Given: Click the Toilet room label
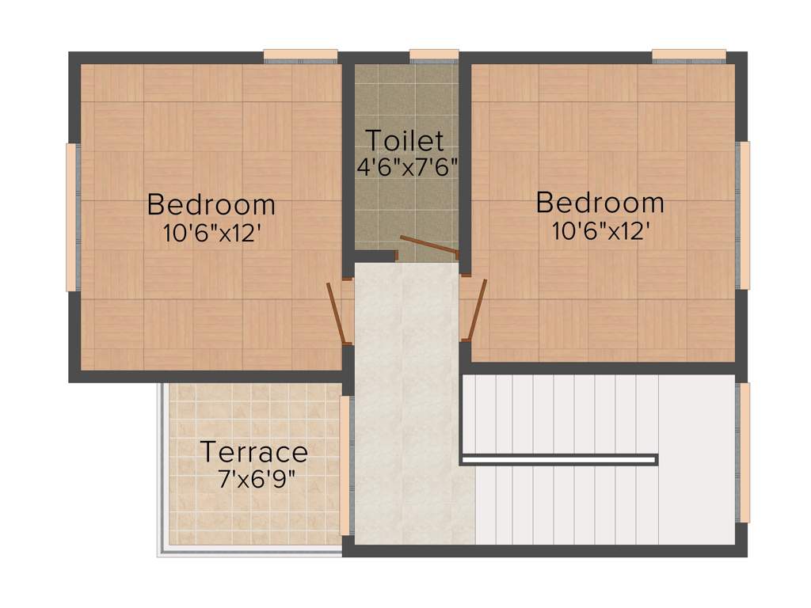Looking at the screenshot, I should [405, 141].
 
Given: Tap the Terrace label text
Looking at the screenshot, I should [253, 453].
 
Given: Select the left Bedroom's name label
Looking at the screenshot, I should [211, 204].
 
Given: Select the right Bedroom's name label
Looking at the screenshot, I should [600, 203].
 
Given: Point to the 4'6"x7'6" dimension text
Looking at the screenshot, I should [408, 167].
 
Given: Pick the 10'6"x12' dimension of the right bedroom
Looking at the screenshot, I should [600, 230].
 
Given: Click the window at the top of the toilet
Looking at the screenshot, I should [434, 55].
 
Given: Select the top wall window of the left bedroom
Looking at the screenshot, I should [301, 55].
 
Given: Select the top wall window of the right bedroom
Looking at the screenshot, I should [689, 55].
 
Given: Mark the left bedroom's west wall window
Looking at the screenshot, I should [71, 217].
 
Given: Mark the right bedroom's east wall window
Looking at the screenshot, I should [744, 215].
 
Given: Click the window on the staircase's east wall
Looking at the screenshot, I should [744, 453].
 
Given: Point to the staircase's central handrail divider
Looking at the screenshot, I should [558, 459].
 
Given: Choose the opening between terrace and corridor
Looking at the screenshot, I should [345, 465].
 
